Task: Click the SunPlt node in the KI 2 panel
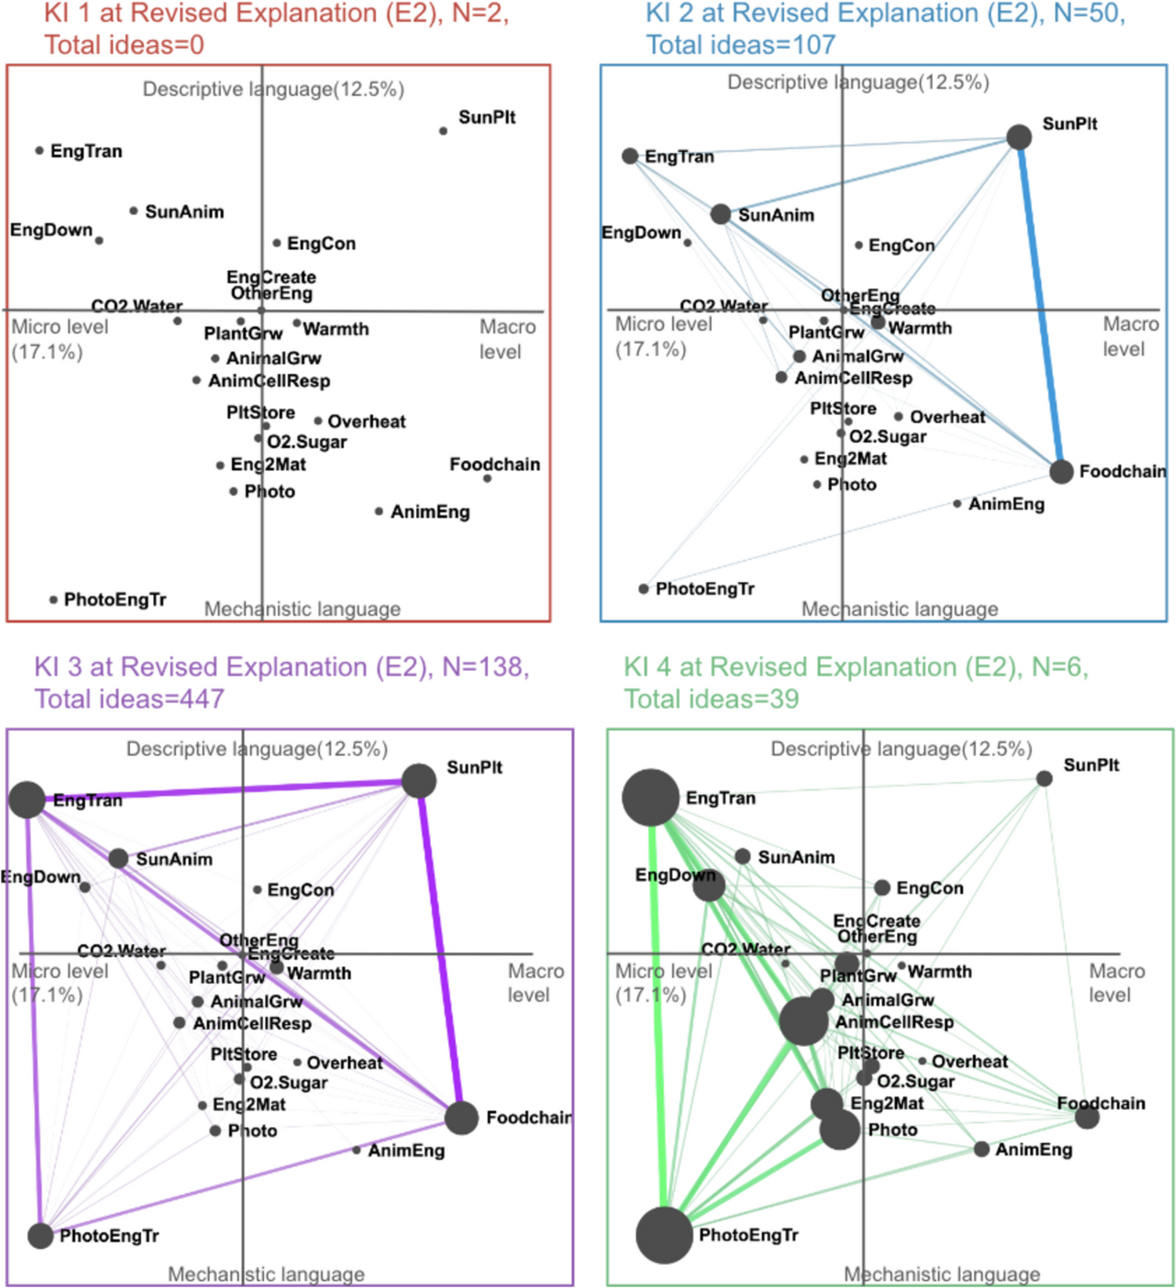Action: click(x=1019, y=137)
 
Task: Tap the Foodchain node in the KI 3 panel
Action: click(x=461, y=1117)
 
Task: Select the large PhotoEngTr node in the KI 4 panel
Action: click(x=664, y=1236)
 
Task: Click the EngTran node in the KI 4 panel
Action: click(x=650, y=798)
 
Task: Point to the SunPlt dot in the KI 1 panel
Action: click(x=443, y=131)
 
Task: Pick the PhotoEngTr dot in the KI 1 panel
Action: click(x=53, y=600)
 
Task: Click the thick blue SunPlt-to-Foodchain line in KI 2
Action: click(x=1040, y=306)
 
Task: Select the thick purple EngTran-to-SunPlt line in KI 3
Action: click(x=223, y=791)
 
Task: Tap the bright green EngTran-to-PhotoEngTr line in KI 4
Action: click(x=656, y=1018)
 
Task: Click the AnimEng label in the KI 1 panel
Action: click(x=430, y=512)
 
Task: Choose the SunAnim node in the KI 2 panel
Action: click(x=721, y=214)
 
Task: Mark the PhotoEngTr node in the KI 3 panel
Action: click(x=40, y=1236)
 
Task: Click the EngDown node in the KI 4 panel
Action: click(x=709, y=885)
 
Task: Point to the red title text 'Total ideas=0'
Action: click(x=124, y=45)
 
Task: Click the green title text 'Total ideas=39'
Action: click(x=711, y=698)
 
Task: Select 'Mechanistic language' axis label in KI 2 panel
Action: click(x=899, y=609)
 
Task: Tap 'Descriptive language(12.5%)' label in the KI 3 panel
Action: click(x=257, y=749)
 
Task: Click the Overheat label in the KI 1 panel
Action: click(x=367, y=421)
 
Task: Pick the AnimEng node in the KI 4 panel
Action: click(x=982, y=1149)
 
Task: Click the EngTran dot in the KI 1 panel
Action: click(x=39, y=150)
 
